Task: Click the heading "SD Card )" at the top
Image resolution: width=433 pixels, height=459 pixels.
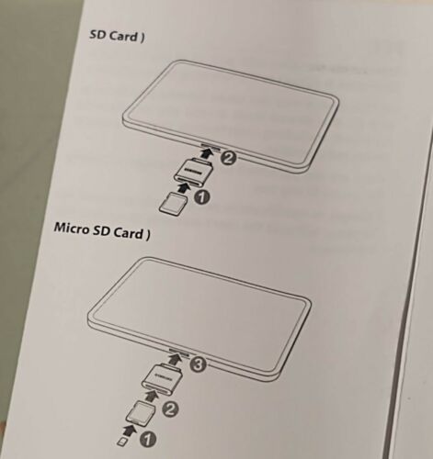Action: [x=118, y=36]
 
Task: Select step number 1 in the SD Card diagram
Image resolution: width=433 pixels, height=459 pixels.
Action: [x=202, y=196]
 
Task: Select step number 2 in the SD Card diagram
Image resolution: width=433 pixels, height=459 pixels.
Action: [x=230, y=157]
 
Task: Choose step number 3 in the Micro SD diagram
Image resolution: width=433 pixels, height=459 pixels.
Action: [x=196, y=364]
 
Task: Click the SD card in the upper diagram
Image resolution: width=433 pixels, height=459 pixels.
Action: [x=169, y=204]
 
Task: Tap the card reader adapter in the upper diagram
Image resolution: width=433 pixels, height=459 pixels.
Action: [x=193, y=172]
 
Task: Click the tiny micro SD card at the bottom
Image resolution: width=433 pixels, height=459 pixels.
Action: [x=123, y=441]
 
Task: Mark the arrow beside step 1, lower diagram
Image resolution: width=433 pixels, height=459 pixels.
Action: [x=130, y=429]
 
